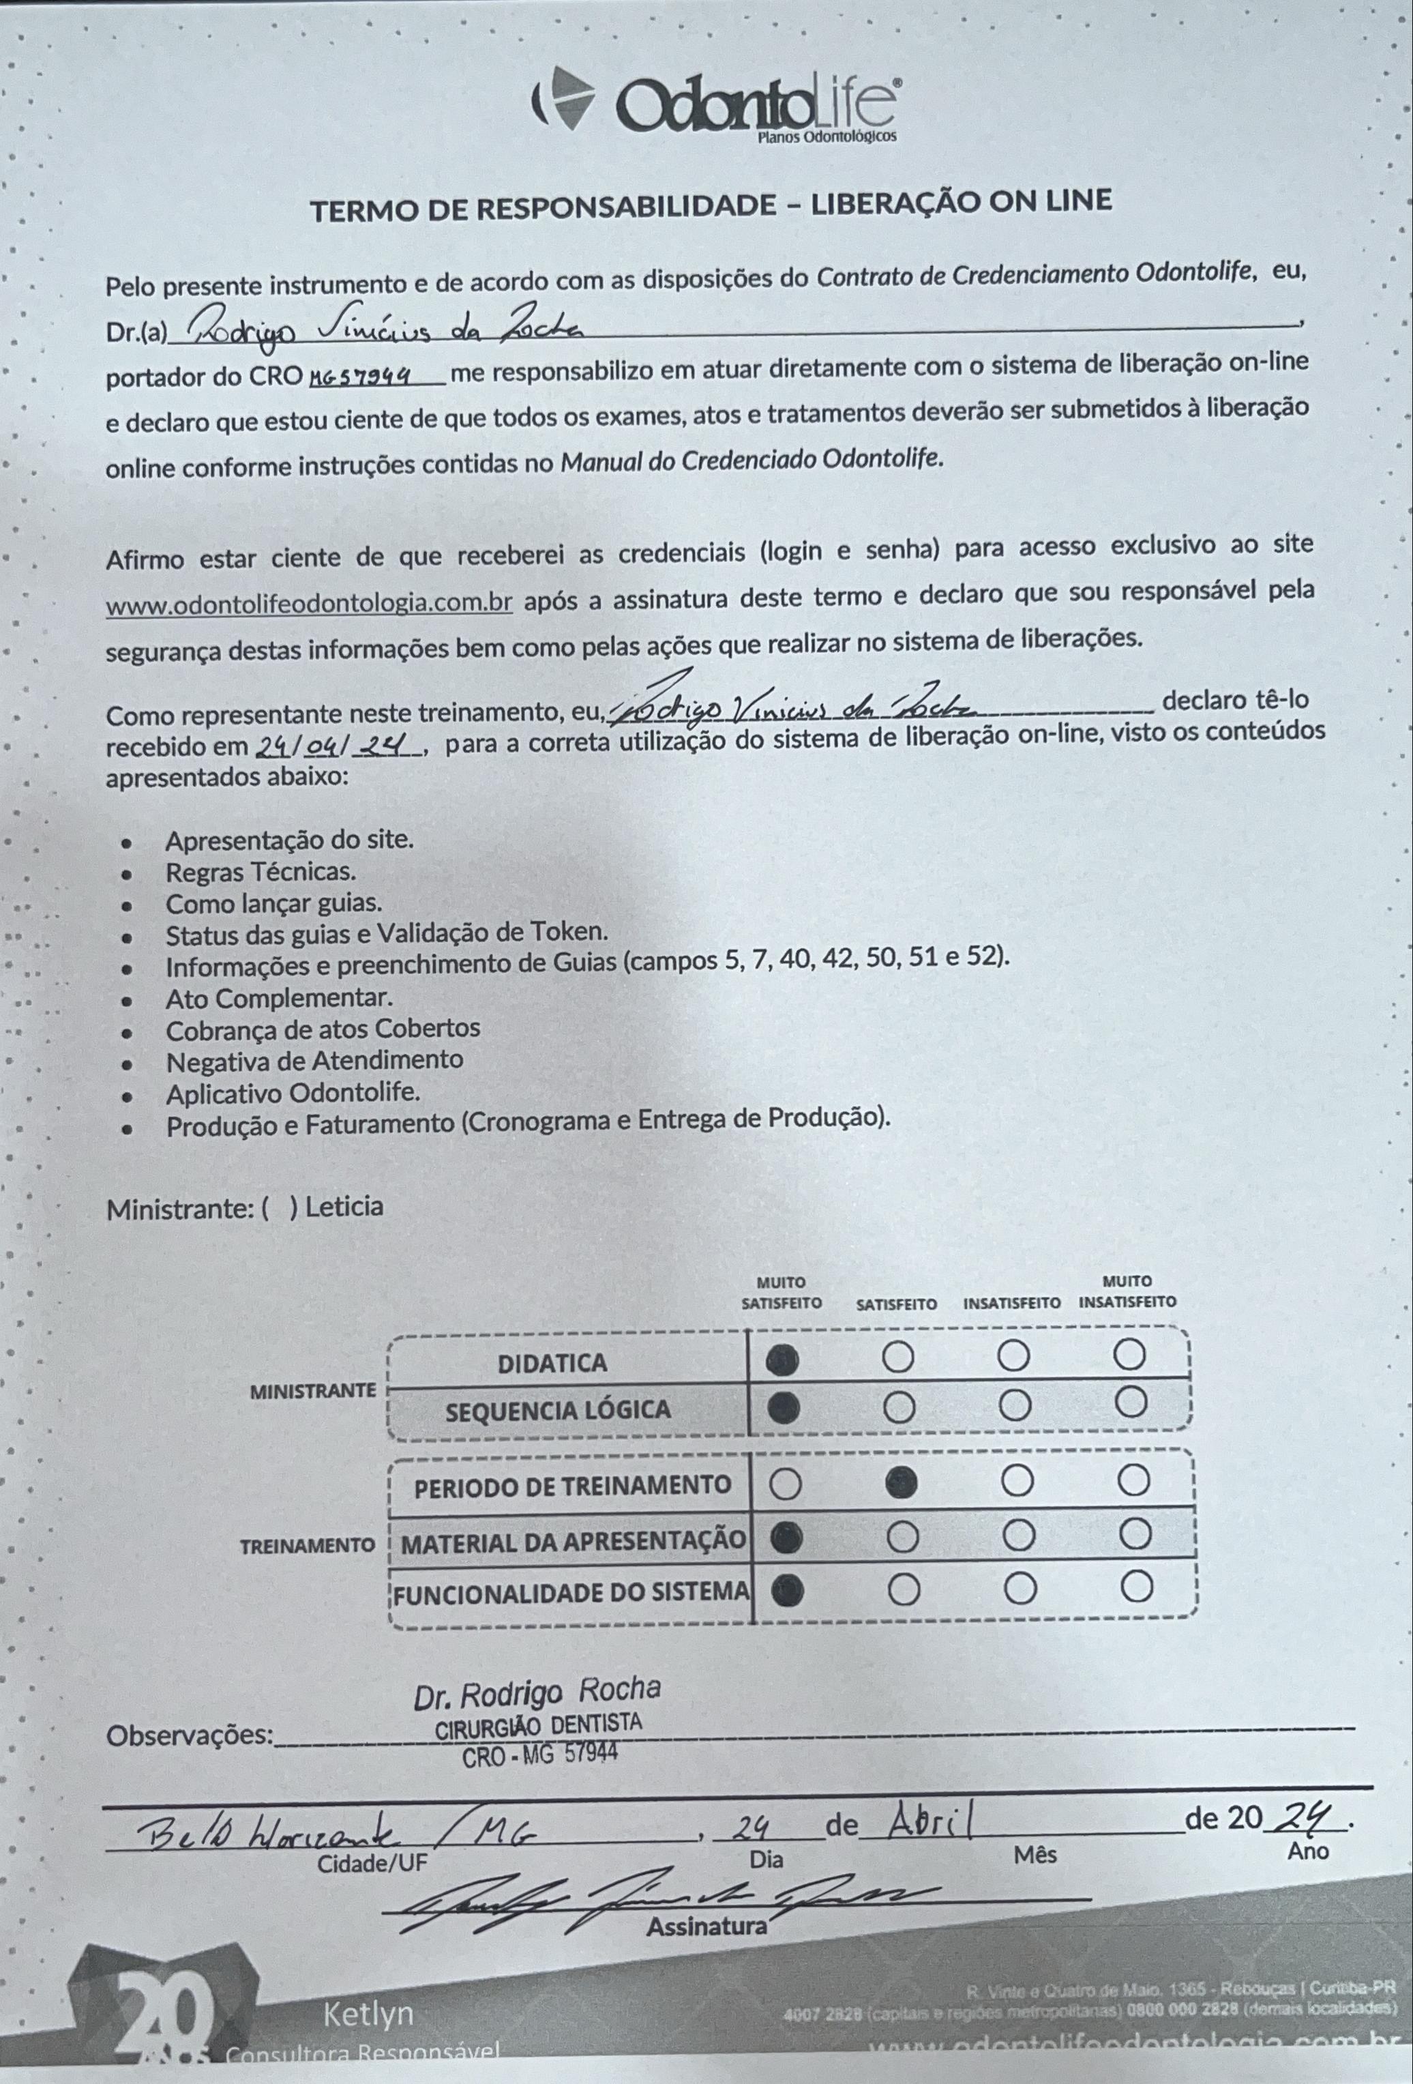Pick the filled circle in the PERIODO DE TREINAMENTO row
[x=900, y=1486]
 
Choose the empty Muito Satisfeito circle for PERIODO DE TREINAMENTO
[x=786, y=1486]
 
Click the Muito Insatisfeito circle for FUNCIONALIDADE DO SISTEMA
[x=1136, y=1588]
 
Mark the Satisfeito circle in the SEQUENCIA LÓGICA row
[x=897, y=1409]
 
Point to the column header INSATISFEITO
[x=1012, y=1303]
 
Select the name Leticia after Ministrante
[x=344, y=1206]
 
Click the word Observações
[x=189, y=1736]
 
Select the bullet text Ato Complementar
[x=279, y=998]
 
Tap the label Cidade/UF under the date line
[x=373, y=1864]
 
